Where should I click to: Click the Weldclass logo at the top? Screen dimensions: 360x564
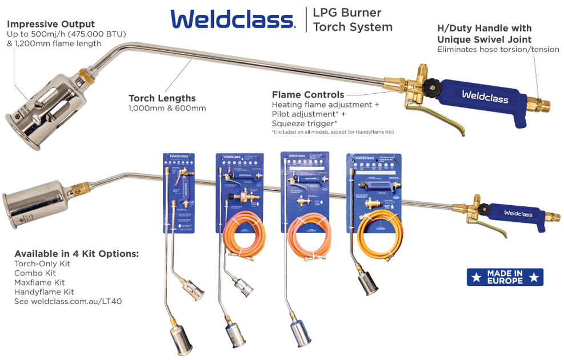[x=233, y=19]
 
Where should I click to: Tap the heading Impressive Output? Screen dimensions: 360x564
[x=51, y=24]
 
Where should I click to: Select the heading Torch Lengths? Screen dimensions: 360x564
[x=162, y=98]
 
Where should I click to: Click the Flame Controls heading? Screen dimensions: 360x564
[x=308, y=94]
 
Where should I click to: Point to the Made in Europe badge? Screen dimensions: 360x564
[x=505, y=277]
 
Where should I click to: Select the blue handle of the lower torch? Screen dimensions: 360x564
[x=517, y=214]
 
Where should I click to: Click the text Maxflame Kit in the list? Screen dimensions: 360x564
[x=39, y=282]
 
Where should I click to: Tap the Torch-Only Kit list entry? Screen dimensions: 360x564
[x=42, y=264]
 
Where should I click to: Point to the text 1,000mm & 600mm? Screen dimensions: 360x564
[x=167, y=108]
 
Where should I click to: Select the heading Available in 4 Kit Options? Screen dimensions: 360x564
[x=77, y=253]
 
